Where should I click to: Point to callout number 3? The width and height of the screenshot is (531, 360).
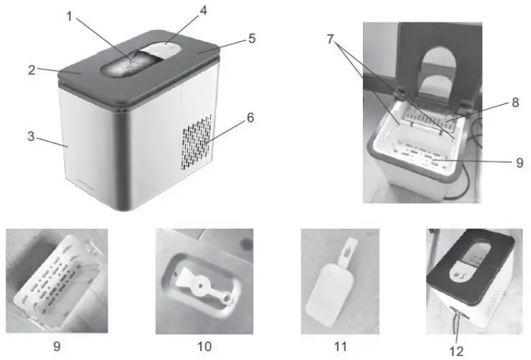[30, 137]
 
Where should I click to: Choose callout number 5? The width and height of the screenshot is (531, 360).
[251, 39]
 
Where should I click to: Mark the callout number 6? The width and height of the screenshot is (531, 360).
[251, 118]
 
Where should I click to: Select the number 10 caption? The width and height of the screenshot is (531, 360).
[204, 346]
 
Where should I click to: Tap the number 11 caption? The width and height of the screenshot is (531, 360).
[340, 346]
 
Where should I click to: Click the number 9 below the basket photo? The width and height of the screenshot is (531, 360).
[57, 346]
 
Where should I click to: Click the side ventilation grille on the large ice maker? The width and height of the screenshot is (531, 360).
[196, 142]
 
